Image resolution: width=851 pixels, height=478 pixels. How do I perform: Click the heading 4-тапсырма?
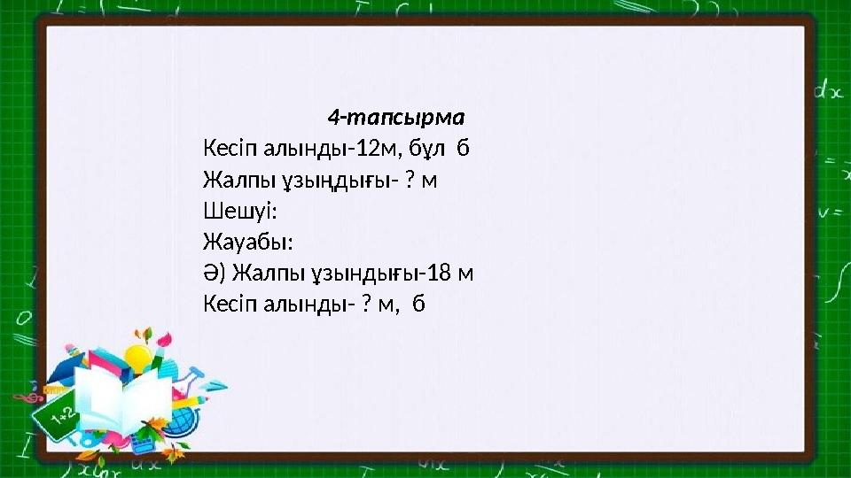(396, 117)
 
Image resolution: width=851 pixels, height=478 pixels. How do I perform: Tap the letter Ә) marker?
(214, 273)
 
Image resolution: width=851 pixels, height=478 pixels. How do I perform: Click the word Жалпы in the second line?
(230, 180)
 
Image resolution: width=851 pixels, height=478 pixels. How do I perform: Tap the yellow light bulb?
(138, 358)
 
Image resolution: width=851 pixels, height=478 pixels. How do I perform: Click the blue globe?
(183, 420)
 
